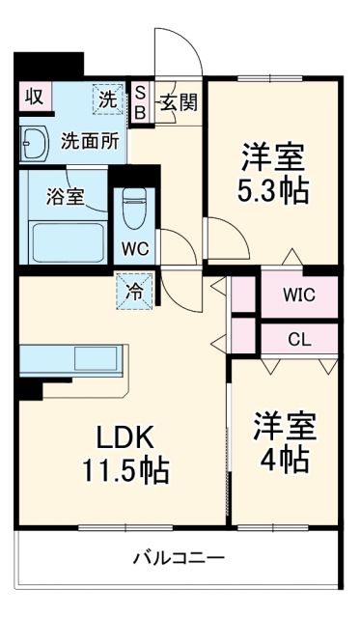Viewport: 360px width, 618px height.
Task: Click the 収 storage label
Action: [34, 97]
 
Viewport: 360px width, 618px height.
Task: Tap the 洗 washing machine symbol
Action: [107, 98]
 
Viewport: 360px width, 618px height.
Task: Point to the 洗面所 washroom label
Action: [90, 140]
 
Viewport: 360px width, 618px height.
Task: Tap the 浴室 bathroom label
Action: [65, 194]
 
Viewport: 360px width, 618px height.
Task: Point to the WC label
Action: [134, 246]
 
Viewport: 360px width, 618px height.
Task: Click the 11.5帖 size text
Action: [125, 471]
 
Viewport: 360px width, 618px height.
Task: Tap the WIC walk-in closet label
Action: [298, 295]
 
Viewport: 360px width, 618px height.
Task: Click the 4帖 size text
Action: [285, 461]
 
